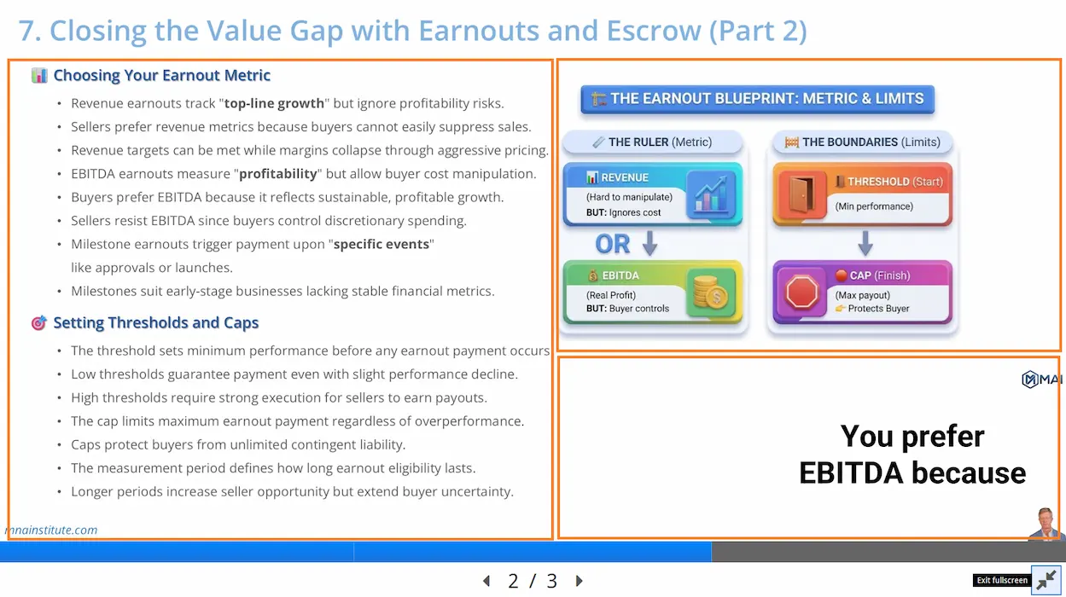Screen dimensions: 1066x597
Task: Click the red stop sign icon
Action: point(802,292)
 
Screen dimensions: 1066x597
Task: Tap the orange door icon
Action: point(801,194)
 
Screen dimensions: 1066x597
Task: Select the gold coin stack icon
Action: point(710,292)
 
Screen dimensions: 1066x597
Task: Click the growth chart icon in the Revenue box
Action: point(711,194)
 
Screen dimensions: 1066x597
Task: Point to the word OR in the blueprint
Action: point(613,244)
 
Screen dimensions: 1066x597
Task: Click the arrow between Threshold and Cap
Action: point(865,244)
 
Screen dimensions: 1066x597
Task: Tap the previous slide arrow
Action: point(486,580)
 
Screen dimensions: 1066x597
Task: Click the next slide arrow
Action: point(579,580)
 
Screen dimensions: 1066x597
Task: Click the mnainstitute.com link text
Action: point(50,530)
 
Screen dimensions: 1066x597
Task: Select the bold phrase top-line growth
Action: point(274,103)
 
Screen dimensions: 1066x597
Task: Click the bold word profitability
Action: point(278,174)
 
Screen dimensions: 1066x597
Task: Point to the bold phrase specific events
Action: point(382,244)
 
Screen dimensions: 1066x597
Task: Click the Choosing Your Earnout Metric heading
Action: point(162,75)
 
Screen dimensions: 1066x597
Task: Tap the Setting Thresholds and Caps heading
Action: point(155,322)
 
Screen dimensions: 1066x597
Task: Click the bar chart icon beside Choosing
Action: point(39,75)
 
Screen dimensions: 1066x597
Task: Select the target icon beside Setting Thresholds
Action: point(39,322)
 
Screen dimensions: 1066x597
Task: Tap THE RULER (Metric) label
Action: point(660,142)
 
